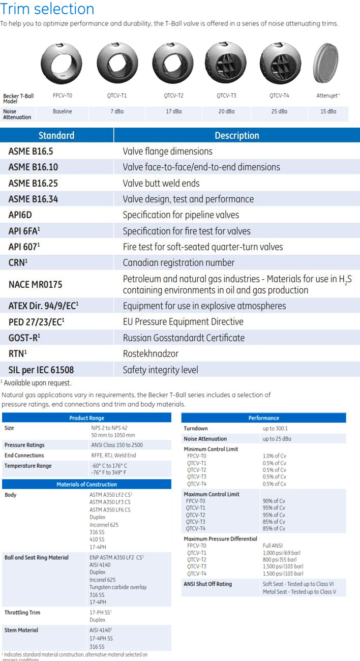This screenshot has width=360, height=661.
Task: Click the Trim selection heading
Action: point(47,9)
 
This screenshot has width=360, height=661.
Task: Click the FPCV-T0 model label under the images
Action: point(63,95)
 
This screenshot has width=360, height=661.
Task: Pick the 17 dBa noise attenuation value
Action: point(173,111)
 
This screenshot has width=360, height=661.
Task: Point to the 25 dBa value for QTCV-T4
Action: point(279,111)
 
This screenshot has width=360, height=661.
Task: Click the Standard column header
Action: point(56,135)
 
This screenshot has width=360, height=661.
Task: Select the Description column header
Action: point(236,135)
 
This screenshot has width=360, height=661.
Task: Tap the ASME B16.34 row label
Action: point(33,199)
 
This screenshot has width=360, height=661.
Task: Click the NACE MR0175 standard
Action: point(35,284)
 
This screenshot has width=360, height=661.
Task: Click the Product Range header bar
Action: point(86,418)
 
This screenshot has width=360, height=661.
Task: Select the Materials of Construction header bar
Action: point(86,485)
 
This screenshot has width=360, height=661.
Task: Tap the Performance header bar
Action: point(263,418)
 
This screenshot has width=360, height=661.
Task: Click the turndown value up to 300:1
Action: point(276,429)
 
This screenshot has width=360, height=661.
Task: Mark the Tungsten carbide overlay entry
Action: point(118,587)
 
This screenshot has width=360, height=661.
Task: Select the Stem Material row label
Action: point(21,630)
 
